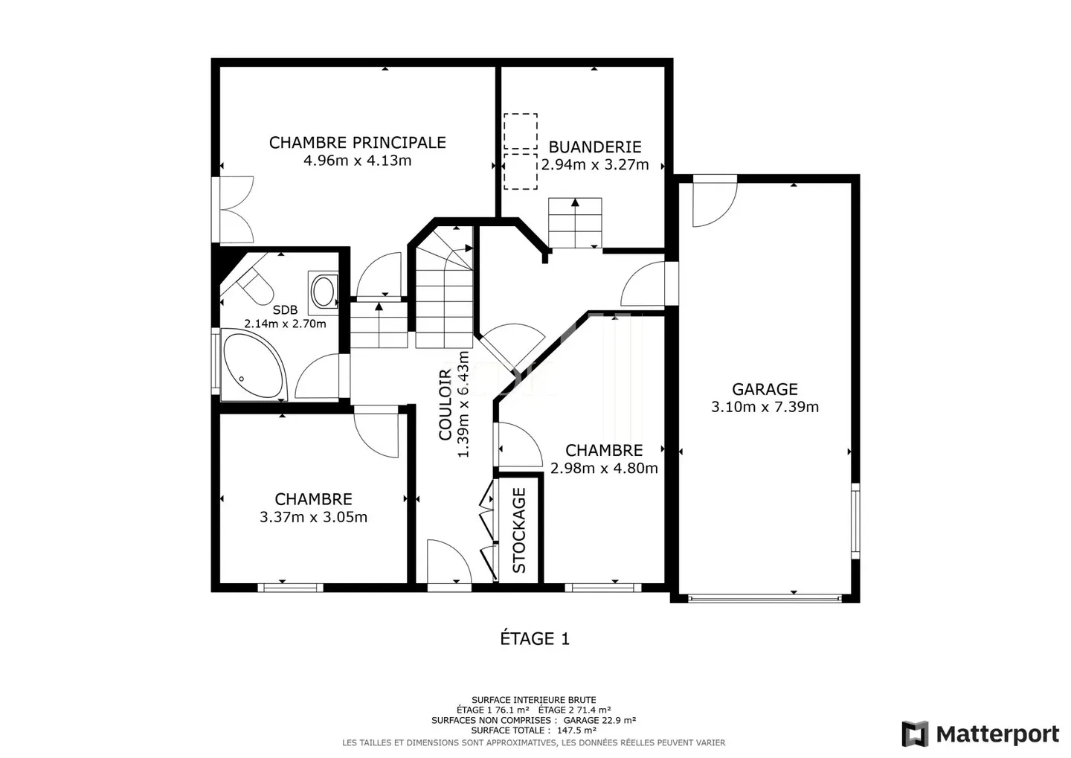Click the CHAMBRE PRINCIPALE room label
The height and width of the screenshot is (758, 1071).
click(x=358, y=143)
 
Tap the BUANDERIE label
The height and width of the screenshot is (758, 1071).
click(x=595, y=147)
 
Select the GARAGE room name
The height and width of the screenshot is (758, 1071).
click(x=765, y=389)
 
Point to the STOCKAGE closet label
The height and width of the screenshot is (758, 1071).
click(x=519, y=530)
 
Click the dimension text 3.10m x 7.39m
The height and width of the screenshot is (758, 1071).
click(x=765, y=407)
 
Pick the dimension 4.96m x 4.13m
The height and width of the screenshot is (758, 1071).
click(x=358, y=161)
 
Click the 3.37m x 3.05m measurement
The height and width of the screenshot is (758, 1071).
click(x=314, y=517)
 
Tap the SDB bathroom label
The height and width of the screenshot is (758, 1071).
click(x=286, y=310)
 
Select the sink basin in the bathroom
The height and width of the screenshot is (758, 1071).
click(x=324, y=290)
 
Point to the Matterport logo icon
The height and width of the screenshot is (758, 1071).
click(x=915, y=734)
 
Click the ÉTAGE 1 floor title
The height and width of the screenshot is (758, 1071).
click(x=535, y=639)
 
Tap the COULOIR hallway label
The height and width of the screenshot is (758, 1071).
click(x=445, y=405)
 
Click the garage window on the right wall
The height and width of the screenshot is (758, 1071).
click(x=855, y=521)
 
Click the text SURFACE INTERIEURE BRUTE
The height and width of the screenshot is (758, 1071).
click(x=534, y=700)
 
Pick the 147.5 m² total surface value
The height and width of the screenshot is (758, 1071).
click(x=576, y=730)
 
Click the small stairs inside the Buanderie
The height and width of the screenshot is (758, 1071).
click(x=575, y=223)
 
